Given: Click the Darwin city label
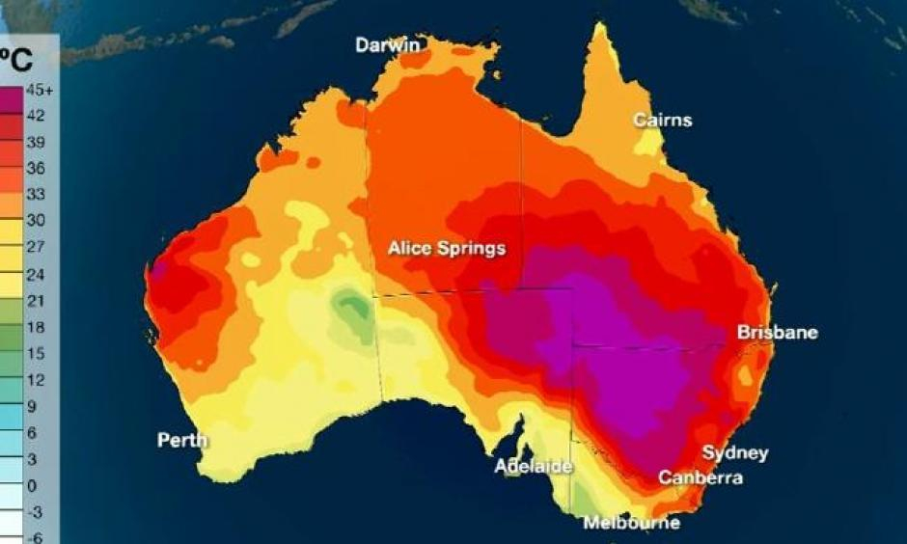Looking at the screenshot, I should click(388, 45).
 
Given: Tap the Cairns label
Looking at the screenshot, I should click(662, 121).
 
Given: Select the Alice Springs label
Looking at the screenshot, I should click(446, 249).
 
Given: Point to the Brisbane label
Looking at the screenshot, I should click(778, 333).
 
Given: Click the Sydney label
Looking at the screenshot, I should click(734, 453).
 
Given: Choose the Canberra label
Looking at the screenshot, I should click(701, 478).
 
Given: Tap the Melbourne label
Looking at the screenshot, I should click(631, 524).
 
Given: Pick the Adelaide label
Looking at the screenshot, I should click(534, 467).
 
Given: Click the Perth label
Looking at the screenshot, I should click(182, 441).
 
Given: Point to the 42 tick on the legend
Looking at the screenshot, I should click(35, 116).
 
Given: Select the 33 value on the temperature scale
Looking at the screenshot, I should click(35, 194).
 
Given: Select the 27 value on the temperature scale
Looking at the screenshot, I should click(35, 247).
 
